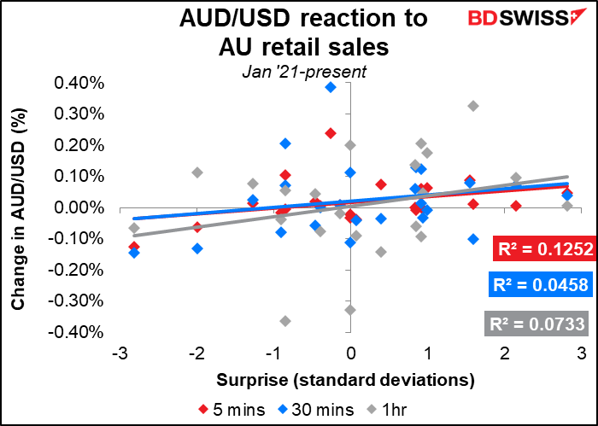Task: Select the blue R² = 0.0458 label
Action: coord(541,284)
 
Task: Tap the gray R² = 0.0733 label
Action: coord(536,324)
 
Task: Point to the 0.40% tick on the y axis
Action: coord(79,84)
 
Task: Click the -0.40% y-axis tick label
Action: coord(76,332)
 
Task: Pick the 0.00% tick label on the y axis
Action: coord(79,208)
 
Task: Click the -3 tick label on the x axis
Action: coord(120,354)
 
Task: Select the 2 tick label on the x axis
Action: coord(504,354)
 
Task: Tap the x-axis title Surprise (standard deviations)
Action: coord(345,380)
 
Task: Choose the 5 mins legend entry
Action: coord(232,410)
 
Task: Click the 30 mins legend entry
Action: coord(316,410)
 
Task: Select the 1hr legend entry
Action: coord(386,410)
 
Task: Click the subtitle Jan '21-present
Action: coord(304,72)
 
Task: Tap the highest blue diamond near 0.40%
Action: coord(331,87)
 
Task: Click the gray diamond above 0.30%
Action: coord(473,106)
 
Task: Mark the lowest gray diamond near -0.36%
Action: coord(285,321)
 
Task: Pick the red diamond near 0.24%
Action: coord(331,133)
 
